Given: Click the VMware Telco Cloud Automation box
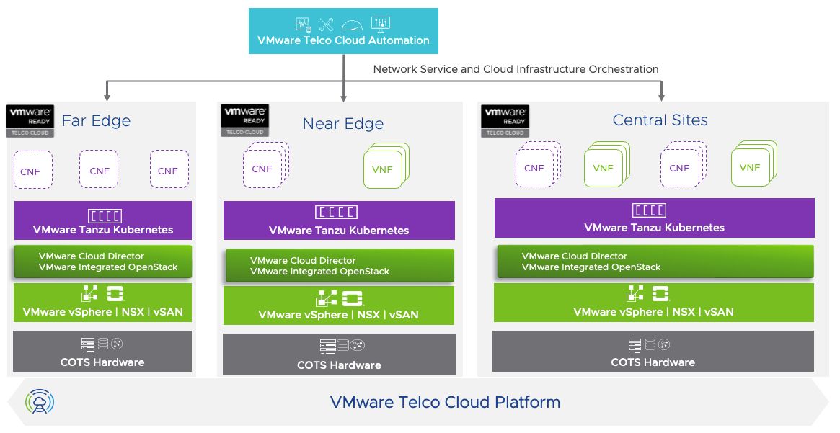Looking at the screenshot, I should (343, 31).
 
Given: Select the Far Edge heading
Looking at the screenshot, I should (96, 121).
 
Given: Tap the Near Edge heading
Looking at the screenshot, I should (343, 124).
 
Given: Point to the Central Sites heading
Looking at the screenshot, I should (660, 120).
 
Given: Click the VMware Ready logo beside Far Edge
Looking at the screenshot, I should (29, 120).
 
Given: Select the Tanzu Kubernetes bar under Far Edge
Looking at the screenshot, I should (103, 220).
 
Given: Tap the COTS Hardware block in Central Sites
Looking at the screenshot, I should (653, 352).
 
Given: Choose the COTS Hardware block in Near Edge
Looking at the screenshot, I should (339, 354).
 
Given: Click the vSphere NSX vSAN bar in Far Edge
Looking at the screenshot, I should (103, 303).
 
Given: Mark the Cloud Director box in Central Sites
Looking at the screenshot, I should (655, 262).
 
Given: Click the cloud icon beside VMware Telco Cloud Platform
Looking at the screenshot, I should (40, 402).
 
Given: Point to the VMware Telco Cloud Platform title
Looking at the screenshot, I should (445, 402).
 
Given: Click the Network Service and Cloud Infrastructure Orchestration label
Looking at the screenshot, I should (516, 69).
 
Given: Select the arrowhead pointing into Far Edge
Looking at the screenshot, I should (107, 97).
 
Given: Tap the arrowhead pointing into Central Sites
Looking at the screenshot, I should (660, 97).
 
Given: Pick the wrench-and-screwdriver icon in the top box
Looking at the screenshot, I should (326, 24).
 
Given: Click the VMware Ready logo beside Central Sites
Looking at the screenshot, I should (505, 120).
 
